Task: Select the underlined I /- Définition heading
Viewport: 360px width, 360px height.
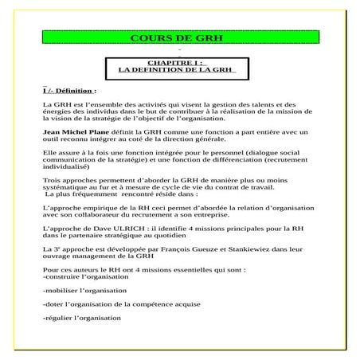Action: coord(69,91)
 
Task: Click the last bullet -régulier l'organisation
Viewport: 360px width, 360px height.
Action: coord(81,318)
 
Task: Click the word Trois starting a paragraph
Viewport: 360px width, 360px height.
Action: coord(51,180)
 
